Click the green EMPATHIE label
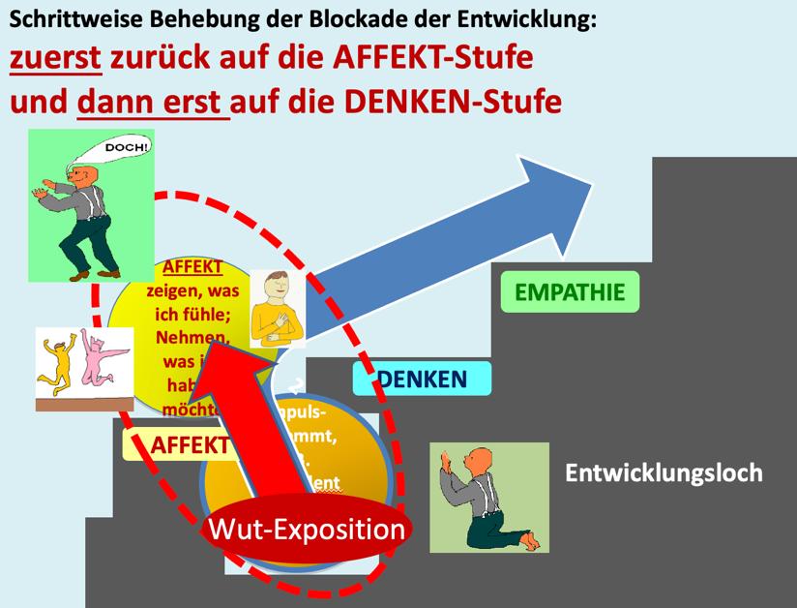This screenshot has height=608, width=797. tap(570, 291)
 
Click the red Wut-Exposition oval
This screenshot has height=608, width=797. tap(306, 530)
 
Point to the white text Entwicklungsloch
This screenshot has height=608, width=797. tap(664, 472)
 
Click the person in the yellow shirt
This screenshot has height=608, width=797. tap(278, 308)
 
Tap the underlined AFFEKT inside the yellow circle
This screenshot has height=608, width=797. tap(193, 266)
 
